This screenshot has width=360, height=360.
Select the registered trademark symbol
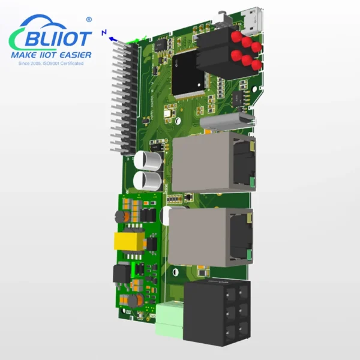click(x=89, y=20)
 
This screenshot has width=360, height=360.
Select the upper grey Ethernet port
click(x=213, y=160)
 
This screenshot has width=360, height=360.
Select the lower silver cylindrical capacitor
click(x=148, y=181)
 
